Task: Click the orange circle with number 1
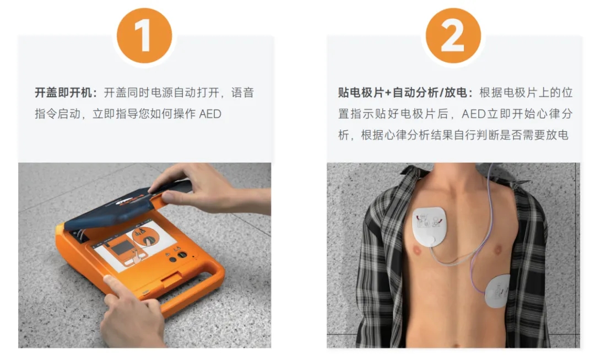pos(144,36)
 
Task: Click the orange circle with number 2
pos(453,36)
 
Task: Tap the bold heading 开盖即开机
pos(63,93)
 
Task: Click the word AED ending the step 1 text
pos(210,114)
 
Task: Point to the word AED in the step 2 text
pos(474,114)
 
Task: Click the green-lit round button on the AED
pos(182,255)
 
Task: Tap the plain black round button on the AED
pos(172,260)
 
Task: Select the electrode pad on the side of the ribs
pos(497,291)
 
